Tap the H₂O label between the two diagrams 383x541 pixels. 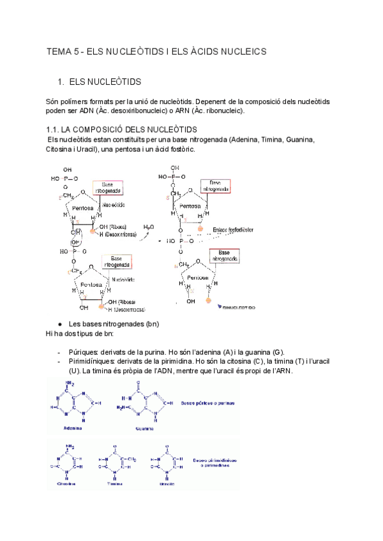[148, 226]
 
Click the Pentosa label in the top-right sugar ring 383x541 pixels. [190, 206]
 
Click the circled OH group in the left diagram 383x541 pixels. [76, 242]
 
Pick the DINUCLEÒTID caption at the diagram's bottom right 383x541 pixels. [237, 307]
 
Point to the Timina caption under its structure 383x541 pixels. [114, 484]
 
